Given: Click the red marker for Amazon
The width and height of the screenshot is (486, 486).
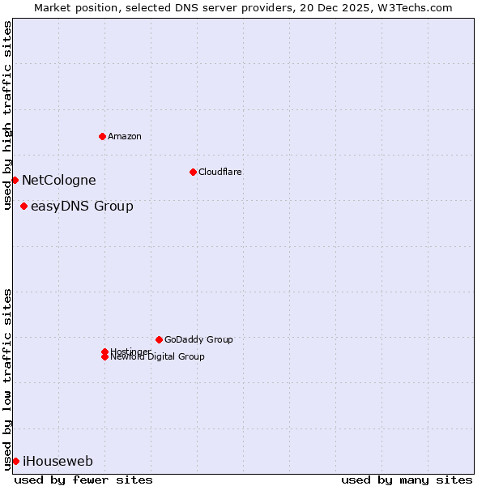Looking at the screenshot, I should pyautogui.click(x=102, y=136).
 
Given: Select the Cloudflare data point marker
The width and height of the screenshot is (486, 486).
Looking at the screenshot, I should pyautogui.click(x=193, y=172).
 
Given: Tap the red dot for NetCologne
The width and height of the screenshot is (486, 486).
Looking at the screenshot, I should pyautogui.click(x=15, y=180).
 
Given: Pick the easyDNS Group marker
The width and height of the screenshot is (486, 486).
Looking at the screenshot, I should pyautogui.click(x=23, y=206).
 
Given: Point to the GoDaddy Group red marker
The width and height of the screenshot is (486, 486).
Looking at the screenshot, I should pyautogui.click(x=159, y=339).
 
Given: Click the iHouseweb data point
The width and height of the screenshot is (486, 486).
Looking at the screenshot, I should pyautogui.click(x=15, y=461).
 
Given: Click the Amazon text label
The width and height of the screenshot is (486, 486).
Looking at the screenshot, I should pyautogui.click(x=124, y=136).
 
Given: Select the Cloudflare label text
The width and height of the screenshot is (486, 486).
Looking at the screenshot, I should pyautogui.click(x=220, y=172).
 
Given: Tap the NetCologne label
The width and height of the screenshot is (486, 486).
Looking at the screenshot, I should pyautogui.click(x=58, y=181).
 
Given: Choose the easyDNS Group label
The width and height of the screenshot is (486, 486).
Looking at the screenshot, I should pyautogui.click(x=82, y=207).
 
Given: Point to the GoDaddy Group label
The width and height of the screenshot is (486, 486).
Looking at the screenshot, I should pyautogui.click(x=198, y=339).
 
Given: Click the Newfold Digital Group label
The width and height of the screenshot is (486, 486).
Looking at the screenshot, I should pyautogui.click(x=158, y=357).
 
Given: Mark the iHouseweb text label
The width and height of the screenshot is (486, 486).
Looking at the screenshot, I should pyautogui.click(x=58, y=462).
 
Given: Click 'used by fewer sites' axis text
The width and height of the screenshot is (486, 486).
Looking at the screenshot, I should pyautogui.click(x=83, y=480).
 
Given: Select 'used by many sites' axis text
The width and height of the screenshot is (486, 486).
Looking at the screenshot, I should pyautogui.click(x=407, y=480).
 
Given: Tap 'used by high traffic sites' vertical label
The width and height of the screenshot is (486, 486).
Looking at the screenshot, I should pyautogui.click(x=7, y=115).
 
